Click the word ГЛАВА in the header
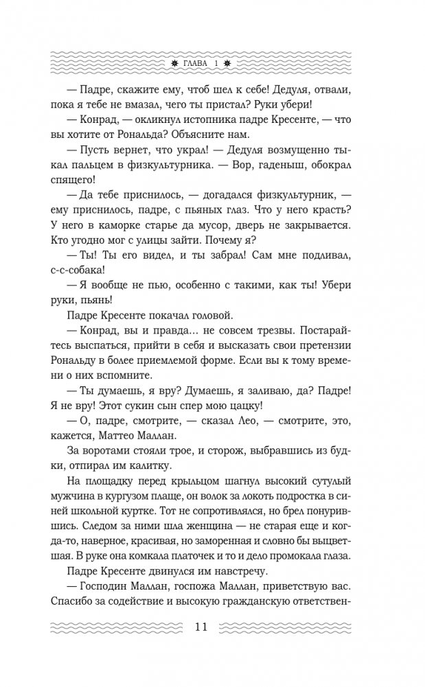[199, 65]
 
